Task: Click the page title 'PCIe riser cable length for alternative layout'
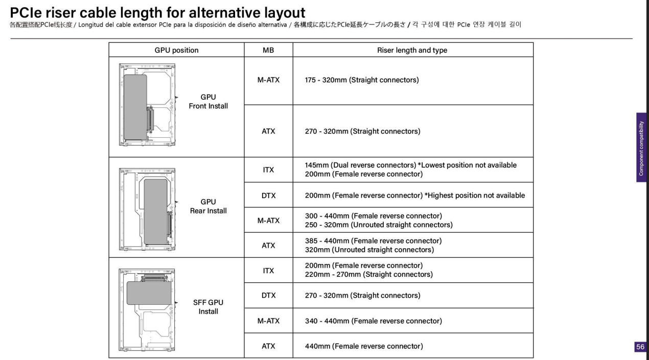pyautogui.click(x=157, y=12)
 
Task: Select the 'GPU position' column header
pyautogui.click(x=176, y=50)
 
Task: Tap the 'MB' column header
pyautogui.click(x=268, y=50)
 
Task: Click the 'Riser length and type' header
pyautogui.click(x=412, y=50)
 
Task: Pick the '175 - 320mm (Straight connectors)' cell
pyautogui.click(x=362, y=80)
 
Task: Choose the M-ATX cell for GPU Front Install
pyautogui.click(x=268, y=80)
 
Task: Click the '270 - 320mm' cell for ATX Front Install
pyautogui.click(x=362, y=131)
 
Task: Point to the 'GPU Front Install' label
pyautogui.click(x=208, y=102)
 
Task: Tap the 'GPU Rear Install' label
pyautogui.click(x=208, y=206)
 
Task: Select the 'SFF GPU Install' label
pyautogui.click(x=208, y=307)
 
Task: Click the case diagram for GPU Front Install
pyautogui.click(x=147, y=106)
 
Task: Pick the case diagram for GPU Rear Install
pyautogui.click(x=147, y=208)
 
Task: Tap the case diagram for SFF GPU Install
pyautogui.click(x=147, y=307)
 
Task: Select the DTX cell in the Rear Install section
pyautogui.click(x=268, y=195)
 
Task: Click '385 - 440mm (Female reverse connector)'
pyautogui.click(x=373, y=241)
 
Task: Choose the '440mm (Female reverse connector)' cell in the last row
pyautogui.click(x=364, y=346)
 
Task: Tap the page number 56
pyautogui.click(x=640, y=347)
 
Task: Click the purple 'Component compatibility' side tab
pyautogui.click(x=641, y=148)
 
